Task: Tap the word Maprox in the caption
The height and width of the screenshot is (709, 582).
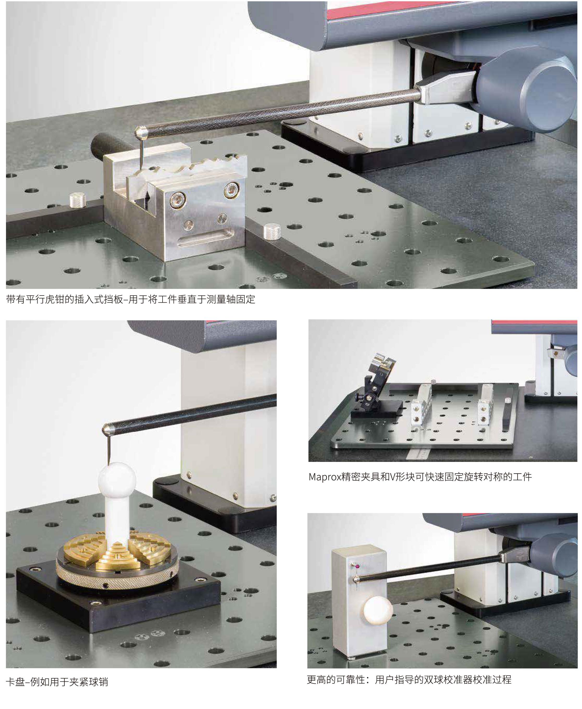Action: [324, 477]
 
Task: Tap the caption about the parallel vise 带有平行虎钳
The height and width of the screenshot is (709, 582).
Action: [131, 299]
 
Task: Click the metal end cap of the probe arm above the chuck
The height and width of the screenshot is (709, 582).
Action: [108, 429]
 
